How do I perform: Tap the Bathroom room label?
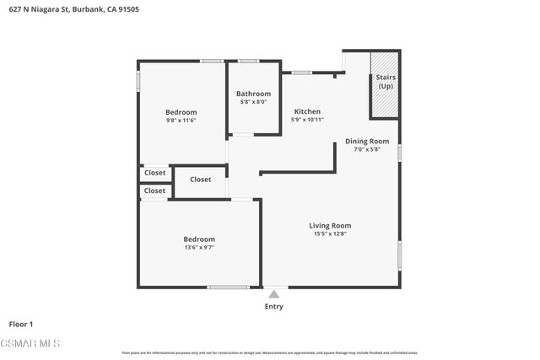253,94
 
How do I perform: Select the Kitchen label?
307,111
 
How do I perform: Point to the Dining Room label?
367,141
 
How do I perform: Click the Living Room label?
330,225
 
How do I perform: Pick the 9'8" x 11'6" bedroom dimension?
181,121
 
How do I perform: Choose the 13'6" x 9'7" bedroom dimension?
199,248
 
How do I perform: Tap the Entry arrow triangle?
273,294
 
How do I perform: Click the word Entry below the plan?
274,307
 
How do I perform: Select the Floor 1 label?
21,324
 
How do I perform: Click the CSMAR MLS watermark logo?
30,343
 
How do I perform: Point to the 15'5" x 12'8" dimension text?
330,234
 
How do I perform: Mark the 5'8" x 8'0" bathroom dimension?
253,102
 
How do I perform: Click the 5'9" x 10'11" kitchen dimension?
307,121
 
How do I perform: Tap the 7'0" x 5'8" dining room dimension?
367,150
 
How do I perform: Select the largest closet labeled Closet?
200,180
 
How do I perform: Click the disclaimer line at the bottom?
270,352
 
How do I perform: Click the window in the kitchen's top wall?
301,73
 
